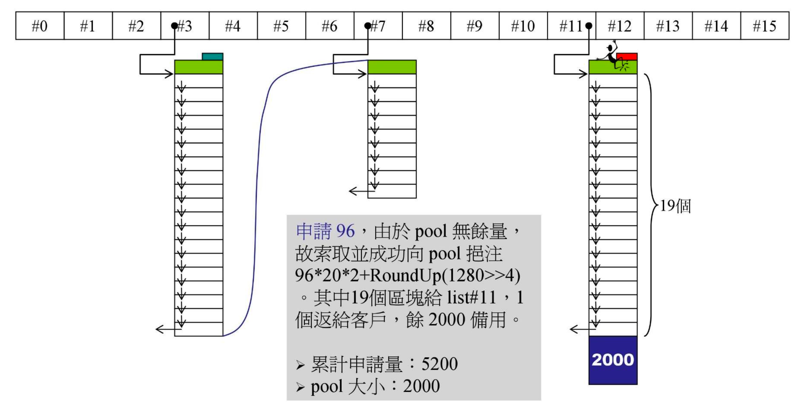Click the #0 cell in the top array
pyautogui.click(x=40, y=26)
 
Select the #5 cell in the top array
pyautogui.click(x=281, y=26)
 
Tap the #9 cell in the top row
pyautogui.click(x=474, y=26)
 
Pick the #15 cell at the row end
pyautogui.click(x=764, y=26)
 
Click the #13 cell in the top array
pyautogui.click(x=668, y=26)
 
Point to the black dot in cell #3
pyautogui.click(x=174, y=26)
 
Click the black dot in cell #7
pyautogui.click(x=368, y=26)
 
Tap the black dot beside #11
pyautogui.click(x=589, y=26)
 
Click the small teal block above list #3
pyautogui.click(x=212, y=57)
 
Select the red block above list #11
pyautogui.click(x=627, y=57)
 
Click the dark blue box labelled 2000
pyautogui.click(x=613, y=360)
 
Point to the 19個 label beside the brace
pyautogui.click(x=675, y=206)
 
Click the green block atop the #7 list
pyautogui.click(x=392, y=67)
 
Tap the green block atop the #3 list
pyautogui.click(x=198, y=67)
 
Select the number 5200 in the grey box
pyautogui.click(x=439, y=364)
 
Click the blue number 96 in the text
pyautogui.click(x=345, y=231)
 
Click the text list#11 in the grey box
pyautogui.click(x=472, y=298)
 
